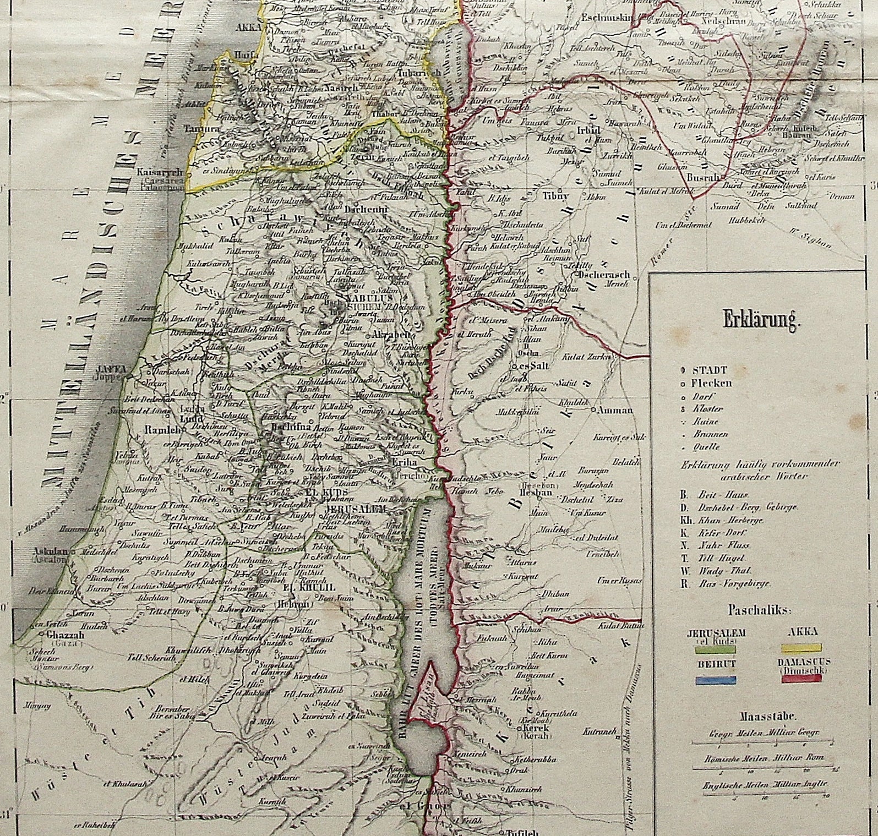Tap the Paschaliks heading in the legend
[760, 610]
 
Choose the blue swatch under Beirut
[713, 680]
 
